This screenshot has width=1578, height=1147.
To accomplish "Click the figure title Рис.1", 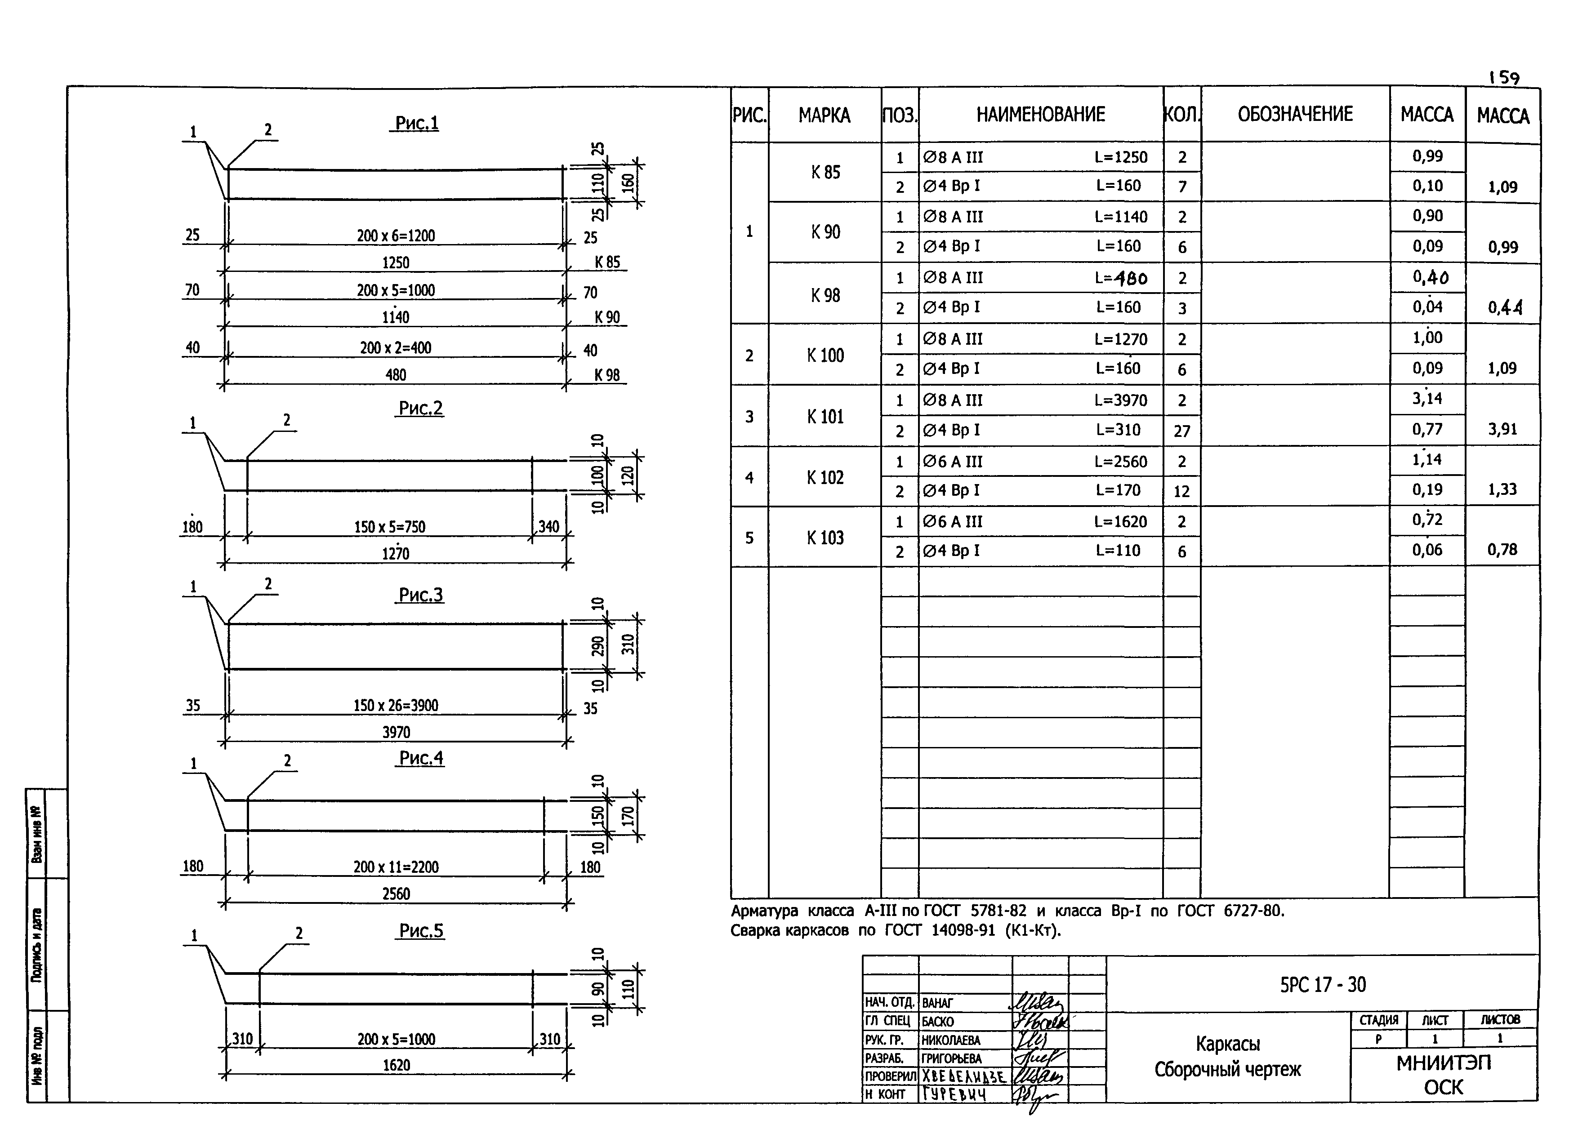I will click(x=417, y=123).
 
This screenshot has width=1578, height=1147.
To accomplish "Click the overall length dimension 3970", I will click(x=396, y=732).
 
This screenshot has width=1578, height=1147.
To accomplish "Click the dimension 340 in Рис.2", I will click(x=548, y=527).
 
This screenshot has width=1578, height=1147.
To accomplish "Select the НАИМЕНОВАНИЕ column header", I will click(x=1040, y=114).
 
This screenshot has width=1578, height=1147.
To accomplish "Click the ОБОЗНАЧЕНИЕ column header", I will click(x=1295, y=114).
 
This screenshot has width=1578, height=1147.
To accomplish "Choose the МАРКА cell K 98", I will click(x=825, y=295).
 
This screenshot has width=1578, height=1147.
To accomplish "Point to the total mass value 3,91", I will click(x=1503, y=429).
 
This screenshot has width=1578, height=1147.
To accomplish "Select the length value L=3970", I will click(x=1120, y=400).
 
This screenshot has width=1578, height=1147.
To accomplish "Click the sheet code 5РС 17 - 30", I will click(x=1323, y=984).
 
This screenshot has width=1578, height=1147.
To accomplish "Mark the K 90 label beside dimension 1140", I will click(x=607, y=317).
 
